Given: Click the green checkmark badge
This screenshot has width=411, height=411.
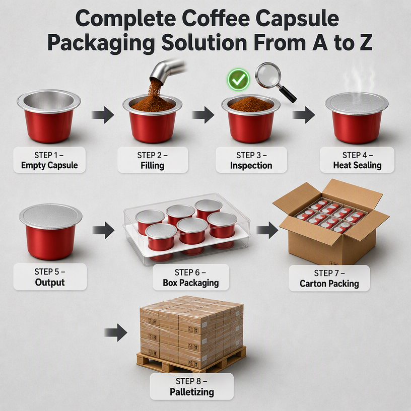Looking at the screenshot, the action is pos(238,80).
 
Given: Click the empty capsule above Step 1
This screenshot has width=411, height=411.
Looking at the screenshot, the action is pos(49,116).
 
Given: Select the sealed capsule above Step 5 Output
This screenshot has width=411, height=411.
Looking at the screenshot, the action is pos(50,232).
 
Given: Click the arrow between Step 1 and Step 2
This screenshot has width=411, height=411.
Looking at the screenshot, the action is pos(103,115).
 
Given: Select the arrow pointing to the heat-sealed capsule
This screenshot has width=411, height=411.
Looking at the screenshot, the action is pos(304,115).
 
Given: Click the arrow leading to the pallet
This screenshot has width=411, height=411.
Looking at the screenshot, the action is pos(116,332).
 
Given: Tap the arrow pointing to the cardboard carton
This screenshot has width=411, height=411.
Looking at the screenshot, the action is pos(267,230).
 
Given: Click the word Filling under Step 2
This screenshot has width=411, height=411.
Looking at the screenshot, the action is pos(152,166).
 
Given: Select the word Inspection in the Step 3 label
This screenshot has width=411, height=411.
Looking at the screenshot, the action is pos(251,166).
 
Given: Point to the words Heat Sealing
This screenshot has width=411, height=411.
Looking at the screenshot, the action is pos(357,165).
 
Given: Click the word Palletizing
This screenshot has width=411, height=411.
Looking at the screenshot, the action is pos(192,392).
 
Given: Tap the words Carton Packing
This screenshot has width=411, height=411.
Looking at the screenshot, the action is pos(329,284).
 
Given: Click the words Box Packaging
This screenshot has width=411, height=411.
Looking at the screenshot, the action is pos(191,283).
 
